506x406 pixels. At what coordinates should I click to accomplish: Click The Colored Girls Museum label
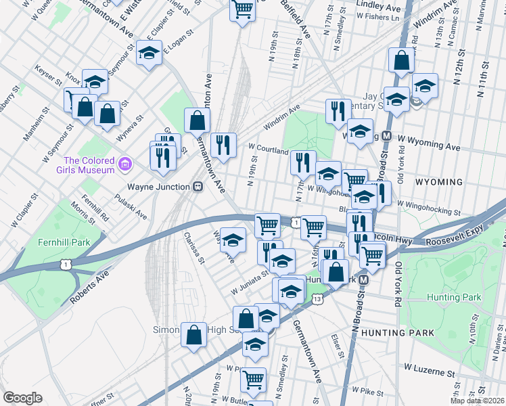click(x=87, y=165)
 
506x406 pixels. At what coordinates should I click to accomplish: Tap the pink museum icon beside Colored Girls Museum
click(x=124, y=164)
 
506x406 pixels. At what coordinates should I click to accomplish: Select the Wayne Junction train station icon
click(x=198, y=186)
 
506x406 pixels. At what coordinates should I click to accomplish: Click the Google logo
click(x=22, y=398)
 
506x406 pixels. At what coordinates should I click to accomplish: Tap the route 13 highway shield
click(x=317, y=298)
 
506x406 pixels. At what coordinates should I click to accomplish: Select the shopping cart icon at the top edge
click(x=241, y=9)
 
